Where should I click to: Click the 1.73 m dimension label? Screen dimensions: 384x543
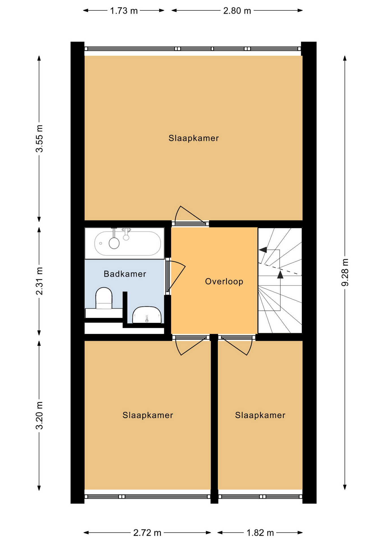pyautogui.click(x=124, y=11)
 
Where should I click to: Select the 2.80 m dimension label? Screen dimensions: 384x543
pyautogui.click(x=237, y=11)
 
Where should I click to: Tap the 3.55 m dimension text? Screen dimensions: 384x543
pyautogui.click(x=40, y=138)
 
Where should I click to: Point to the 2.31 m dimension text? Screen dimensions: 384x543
pyautogui.click(x=40, y=281)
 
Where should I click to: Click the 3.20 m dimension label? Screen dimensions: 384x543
pyautogui.click(x=40, y=415)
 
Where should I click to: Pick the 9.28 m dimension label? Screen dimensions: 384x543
pyautogui.click(x=345, y=272)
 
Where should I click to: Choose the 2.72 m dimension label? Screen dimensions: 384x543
pyautogui.click(x=147, y=533)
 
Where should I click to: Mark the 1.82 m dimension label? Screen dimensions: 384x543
pyautogui.click(x=260, y=533)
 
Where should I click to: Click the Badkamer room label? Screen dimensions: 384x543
pyautogui.click(x=125, y=274)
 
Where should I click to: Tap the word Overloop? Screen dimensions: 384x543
pyautogui.click(x=224, y=282)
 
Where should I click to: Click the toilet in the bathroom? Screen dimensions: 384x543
pyautogui.click(x=104, y=298)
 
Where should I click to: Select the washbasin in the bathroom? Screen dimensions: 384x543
pyautogui.click(x=147, y=315)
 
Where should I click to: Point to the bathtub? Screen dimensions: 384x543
pyautogui.click(x=124, y=243)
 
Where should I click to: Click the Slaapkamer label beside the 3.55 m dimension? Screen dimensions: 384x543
pyautogui.click(x=194, y=138)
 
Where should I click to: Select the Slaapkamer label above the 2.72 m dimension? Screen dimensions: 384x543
pyautogui.click(x=148, y=415)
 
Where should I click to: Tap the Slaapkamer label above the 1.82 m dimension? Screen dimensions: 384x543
pyautogui.click(x=260, y=415)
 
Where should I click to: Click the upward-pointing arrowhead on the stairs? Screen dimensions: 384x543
pyautogui.click(x=280, y=274)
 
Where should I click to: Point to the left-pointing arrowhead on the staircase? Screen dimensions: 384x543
pyautogui.click(x=263, y=250)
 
